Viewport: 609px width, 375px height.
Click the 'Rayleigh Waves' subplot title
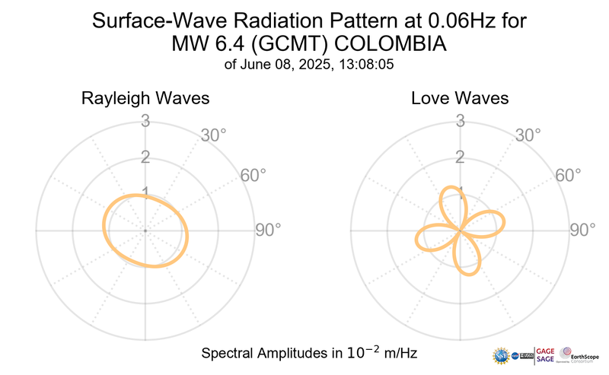pos(145,99)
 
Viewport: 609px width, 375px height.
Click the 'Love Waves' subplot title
pos(460,99)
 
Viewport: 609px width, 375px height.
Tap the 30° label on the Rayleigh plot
pos(213,135)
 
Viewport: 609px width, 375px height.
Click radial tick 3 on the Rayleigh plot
pos(145,119)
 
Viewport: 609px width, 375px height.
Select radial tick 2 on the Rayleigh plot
pos(145,157)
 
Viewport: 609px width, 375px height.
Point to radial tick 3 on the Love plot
pos(460,119)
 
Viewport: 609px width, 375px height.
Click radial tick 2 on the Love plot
pos(460,157)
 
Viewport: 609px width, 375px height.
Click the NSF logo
pos(502,356)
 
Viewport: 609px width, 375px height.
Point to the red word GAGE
pos(546,349)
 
